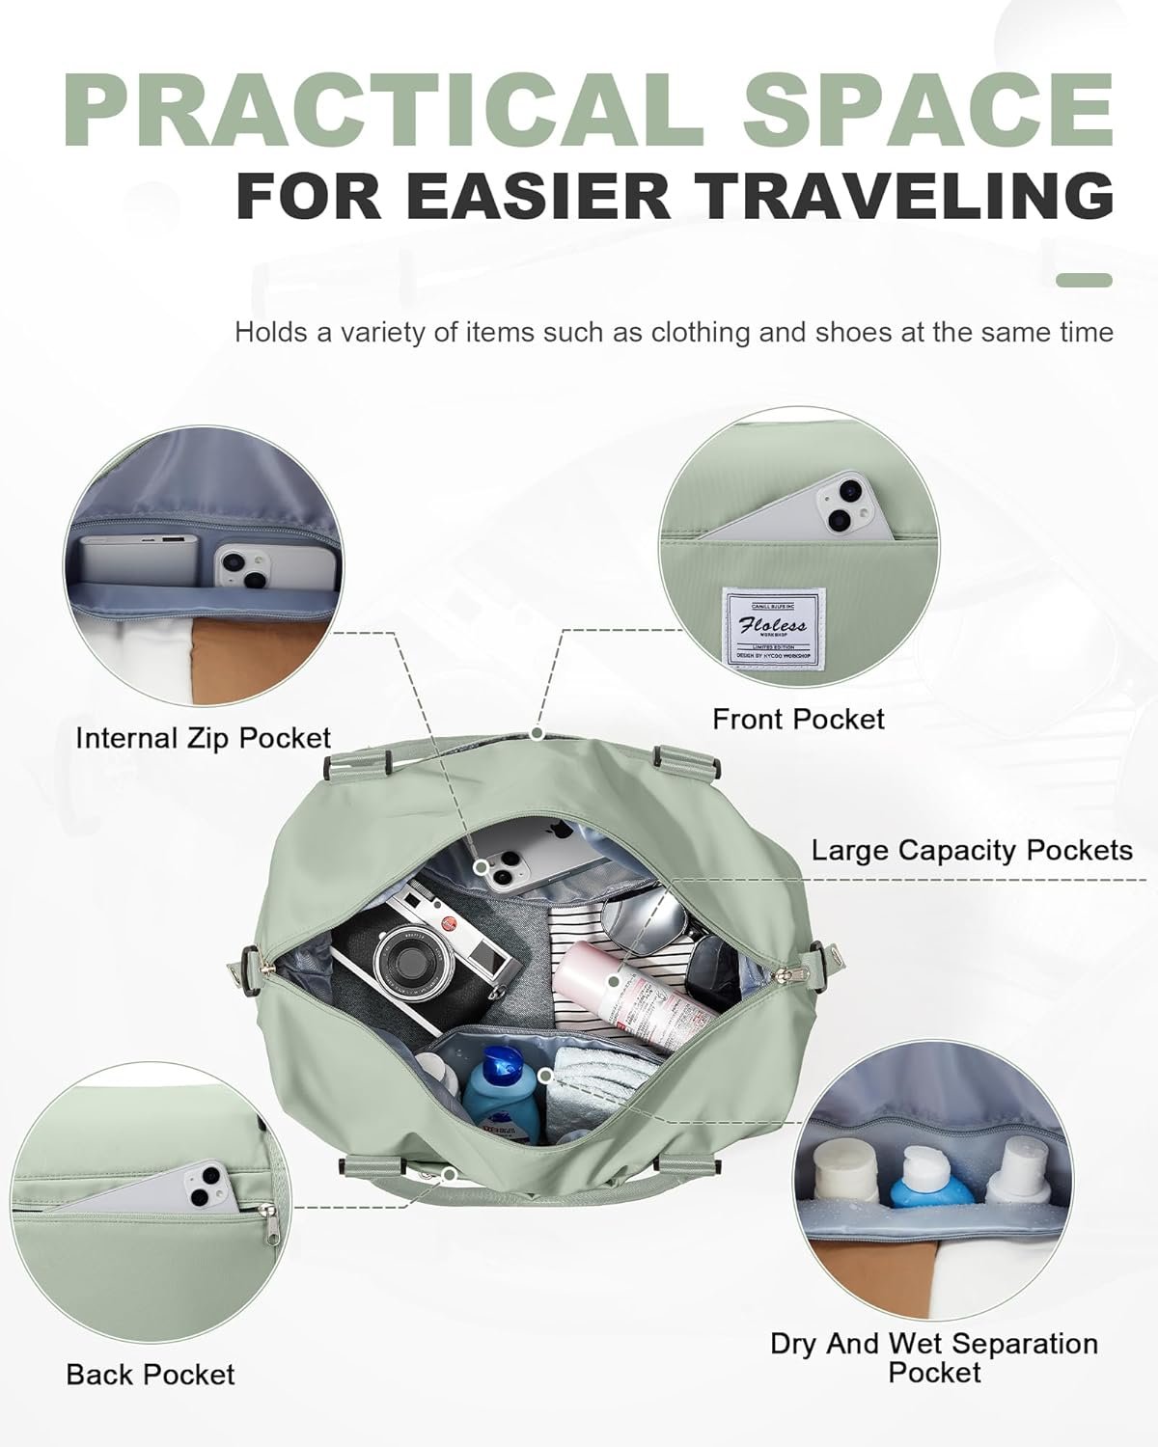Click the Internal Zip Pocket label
(203, 738)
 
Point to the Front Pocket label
(798, 719)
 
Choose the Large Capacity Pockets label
(971, 850)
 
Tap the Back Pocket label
(151, 1374)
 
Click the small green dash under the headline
(1084, 281)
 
